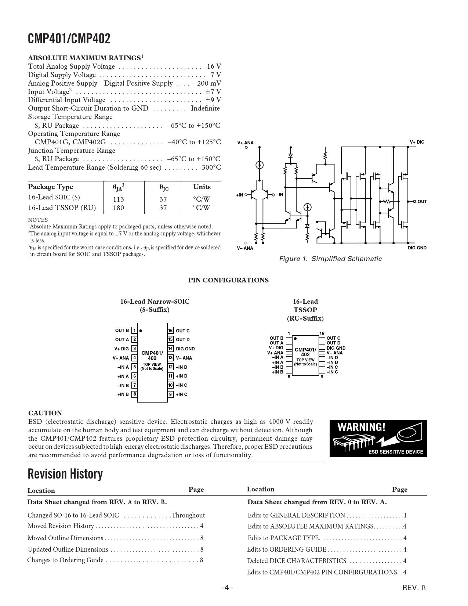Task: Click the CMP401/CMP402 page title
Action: [69, 39]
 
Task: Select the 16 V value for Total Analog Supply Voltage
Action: [214, 66]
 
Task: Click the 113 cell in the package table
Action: [118, 199]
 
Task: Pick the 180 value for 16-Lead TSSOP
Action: [118, 208]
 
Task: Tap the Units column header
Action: [202, 187]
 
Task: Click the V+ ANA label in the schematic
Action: [245, 143]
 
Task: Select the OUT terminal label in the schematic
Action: [422, 202]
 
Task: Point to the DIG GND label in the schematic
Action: [417, 248]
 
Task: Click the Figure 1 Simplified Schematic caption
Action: [330, 259]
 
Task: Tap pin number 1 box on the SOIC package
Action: [135, 331]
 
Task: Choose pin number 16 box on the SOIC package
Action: [170, 331]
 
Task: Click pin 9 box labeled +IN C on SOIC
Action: [170, 394]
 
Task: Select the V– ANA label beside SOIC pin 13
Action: [184, 358]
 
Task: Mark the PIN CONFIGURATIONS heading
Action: [228, 280]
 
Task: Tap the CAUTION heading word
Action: [45, 413]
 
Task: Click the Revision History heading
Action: [65, 474]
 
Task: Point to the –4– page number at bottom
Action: [227, 588]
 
